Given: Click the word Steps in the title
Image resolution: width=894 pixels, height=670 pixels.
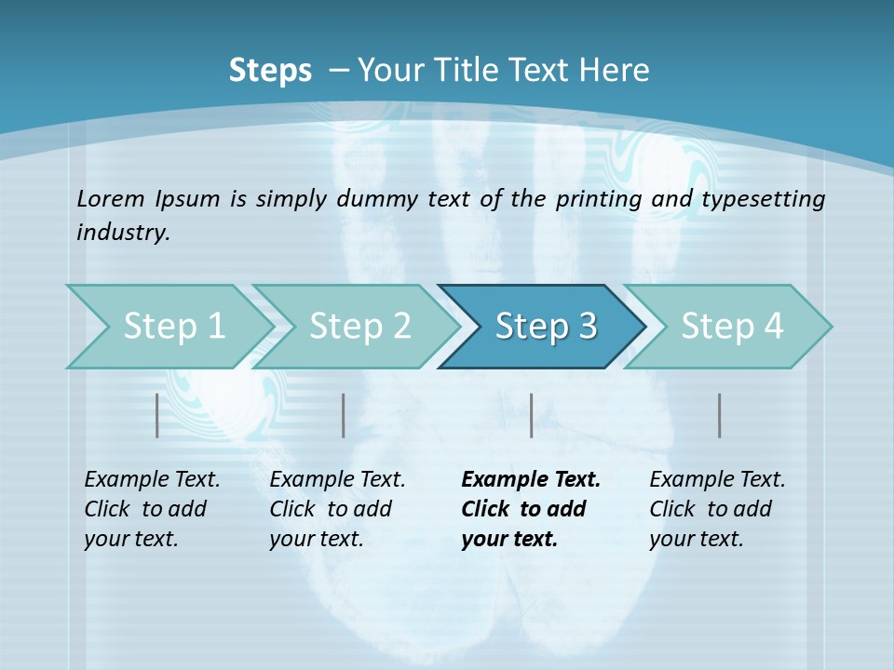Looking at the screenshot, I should point(270,71).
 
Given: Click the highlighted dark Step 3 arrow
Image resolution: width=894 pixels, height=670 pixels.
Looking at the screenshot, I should point(546,327).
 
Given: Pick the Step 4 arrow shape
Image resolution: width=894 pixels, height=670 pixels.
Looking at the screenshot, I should point(732,327).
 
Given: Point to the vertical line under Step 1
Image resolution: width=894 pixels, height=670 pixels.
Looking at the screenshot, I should point(157,415).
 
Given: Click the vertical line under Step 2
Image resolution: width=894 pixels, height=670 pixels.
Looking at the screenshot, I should point(344,415).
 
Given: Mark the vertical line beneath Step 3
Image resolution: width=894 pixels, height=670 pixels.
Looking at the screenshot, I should point(532,415).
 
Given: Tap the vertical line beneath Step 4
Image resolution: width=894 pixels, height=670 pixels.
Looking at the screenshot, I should point(720,415).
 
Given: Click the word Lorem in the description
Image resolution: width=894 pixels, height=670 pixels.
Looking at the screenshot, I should point(110,199).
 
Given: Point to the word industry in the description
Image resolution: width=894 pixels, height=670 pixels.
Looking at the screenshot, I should point(122,233).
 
